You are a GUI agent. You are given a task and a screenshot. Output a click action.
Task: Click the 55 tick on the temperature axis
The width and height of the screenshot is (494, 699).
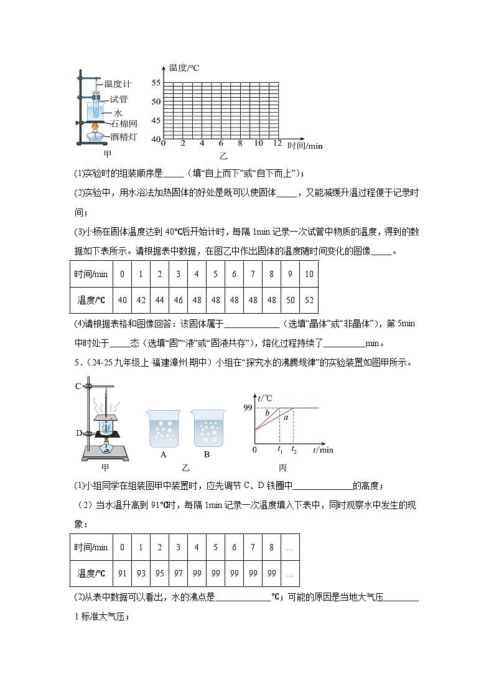(156, 83)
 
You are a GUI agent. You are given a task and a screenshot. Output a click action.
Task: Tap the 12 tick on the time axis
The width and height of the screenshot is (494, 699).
(277, 144)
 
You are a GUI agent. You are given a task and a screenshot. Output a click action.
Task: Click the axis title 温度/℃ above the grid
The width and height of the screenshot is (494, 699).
(184, 67)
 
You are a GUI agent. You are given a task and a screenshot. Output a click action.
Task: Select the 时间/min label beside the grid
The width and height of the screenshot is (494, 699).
(305, 146)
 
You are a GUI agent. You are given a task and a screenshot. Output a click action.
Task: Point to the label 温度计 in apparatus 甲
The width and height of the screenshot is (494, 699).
(118, 84)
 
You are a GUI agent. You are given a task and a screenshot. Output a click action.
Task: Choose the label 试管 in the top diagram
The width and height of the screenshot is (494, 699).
(118, 98)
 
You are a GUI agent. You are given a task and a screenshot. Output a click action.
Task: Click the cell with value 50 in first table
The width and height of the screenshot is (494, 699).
(290, 300)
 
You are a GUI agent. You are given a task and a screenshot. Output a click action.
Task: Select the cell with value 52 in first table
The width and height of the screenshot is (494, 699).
(309, 300)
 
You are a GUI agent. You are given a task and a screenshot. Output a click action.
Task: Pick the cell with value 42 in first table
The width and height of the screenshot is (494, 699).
(141, 300)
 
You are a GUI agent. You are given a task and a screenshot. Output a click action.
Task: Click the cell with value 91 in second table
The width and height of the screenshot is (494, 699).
(122, 573)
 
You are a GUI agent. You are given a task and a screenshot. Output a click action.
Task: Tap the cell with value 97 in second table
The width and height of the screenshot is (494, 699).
(178, 573)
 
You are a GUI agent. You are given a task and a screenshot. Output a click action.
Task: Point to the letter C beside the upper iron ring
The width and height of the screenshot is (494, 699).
(78, 386)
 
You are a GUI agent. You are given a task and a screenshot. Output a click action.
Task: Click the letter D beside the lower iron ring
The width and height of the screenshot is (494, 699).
(78, 433)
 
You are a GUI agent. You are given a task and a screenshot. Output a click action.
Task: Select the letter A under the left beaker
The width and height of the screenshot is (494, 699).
(163, 454)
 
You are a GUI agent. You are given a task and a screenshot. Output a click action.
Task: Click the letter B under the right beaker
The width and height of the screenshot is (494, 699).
(207, 454)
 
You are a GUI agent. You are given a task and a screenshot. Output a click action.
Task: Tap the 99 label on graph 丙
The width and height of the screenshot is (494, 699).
(247, 408)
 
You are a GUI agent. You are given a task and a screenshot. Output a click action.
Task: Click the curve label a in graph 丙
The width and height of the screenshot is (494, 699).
(286, 418)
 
